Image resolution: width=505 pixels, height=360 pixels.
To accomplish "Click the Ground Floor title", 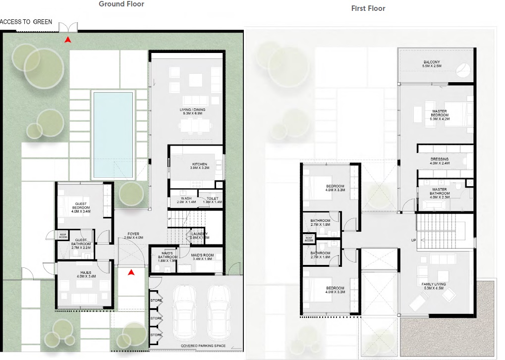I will pyautogui.click(x=121, y=4).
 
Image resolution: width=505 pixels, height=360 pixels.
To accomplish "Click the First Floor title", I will pyautogui.click(x=368, y=8).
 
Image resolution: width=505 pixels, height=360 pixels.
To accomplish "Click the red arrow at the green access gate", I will pyautogui.click(x=67, y=39).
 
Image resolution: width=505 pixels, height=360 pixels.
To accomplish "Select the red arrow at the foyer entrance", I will pyautogui.click(x=131, y=272).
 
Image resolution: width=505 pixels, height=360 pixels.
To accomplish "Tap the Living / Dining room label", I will pyautogui.click(x=192, y=110).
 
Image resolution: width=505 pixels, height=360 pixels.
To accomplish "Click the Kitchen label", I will pyautogui.click(x=200, y=164).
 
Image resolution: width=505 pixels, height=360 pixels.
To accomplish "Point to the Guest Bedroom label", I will pyautogui.click(x=81, y=205).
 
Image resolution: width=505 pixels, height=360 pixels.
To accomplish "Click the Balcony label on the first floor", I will pyautogui.click(x=432, y=62).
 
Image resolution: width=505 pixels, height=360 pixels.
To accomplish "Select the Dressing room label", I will pyautogui.click(x=439, y=159).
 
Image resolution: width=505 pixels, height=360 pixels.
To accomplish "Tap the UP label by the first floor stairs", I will pyautogui.click(x=413, y=240).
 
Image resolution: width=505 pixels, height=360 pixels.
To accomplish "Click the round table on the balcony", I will pyautogui.click(x=464, y=70).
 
